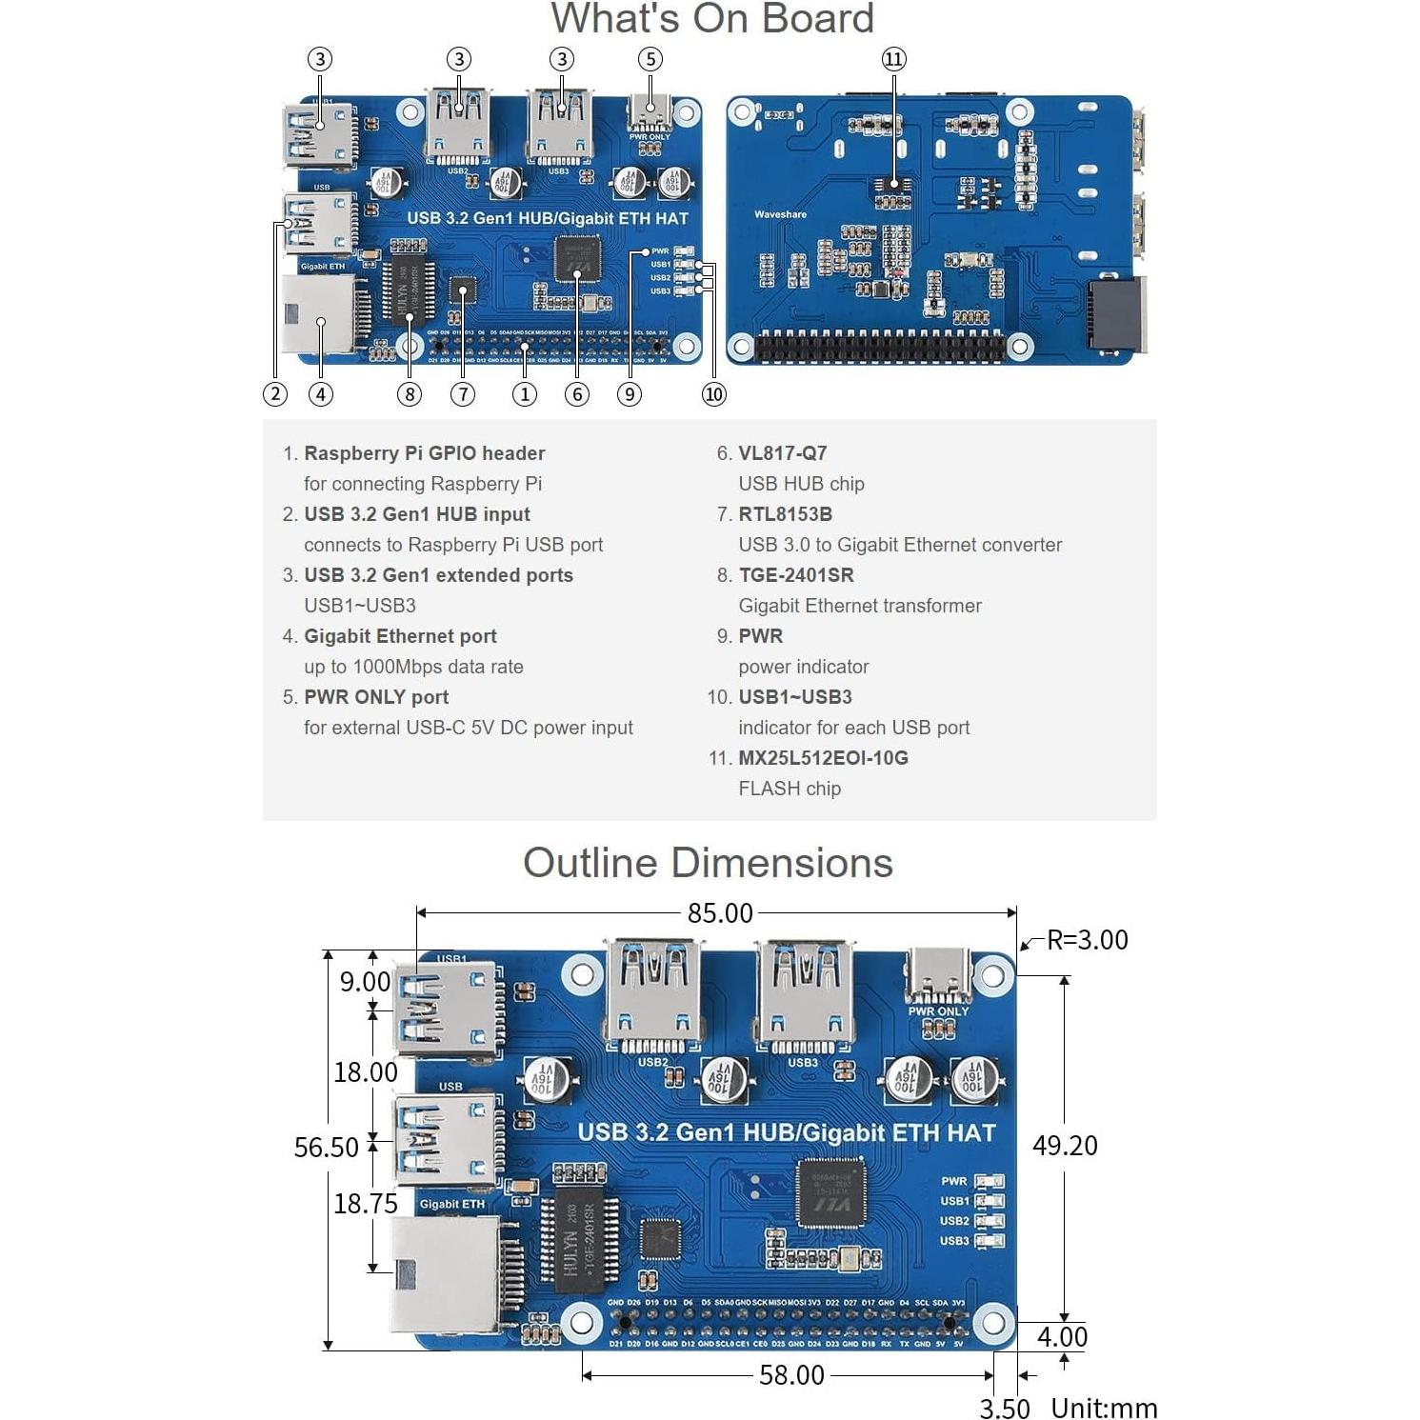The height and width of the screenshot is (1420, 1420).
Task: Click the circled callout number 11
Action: coord(893,59)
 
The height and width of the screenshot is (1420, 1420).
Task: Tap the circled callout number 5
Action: coord(650,59)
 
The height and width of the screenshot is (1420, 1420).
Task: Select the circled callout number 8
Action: coord(410,394)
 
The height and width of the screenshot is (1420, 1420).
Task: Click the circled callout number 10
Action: coord(713,394)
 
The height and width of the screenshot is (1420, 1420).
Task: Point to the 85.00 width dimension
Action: coord(720,913)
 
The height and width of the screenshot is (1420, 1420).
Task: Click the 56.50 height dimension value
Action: coord(326,1148)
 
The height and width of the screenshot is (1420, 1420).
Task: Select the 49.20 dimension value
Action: coord(1065,1146)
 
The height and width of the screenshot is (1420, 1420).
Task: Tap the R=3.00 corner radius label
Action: coord(1087,940)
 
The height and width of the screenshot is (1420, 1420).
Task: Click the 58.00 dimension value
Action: coord(791,1375)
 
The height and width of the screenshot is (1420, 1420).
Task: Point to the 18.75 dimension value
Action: coord(365,1204)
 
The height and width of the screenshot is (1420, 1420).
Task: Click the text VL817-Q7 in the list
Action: coord(782,453)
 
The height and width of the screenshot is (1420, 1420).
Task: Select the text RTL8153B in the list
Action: coord(785,514)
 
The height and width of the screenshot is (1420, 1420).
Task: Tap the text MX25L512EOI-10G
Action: coord(823,758)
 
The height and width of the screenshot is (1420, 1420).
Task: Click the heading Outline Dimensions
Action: coord(708,863)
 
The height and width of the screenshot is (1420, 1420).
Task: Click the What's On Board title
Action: coord(712,19)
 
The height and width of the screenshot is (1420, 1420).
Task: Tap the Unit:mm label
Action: coord(1104,1408)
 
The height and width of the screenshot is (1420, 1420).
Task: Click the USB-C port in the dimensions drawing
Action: coord(938,973)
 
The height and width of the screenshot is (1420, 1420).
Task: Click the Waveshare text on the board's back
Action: coord(780,214)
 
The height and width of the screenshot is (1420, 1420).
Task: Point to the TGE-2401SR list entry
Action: coord(796,575)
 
